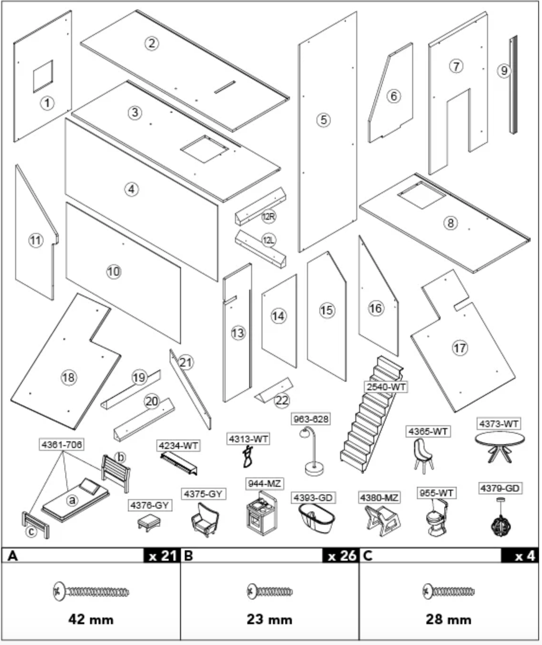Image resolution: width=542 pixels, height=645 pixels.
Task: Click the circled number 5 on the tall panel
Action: pos(324,119)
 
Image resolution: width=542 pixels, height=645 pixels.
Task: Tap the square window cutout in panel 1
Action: pos(43,76)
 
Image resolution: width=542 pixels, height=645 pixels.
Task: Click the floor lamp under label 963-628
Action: pos(313,451)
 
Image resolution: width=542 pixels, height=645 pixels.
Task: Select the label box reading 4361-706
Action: pos(62,445)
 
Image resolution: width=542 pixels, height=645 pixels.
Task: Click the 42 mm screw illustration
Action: pos(91,592)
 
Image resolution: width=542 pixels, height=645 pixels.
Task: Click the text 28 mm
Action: pos(449,619)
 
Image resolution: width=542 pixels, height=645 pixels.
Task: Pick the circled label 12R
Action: pos(269,216)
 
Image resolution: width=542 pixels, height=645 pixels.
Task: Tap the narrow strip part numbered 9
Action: pos(513,84)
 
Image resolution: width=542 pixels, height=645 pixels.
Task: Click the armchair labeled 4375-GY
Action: pos(205,520)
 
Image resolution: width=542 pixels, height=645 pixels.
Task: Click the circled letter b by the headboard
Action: pos(120,457)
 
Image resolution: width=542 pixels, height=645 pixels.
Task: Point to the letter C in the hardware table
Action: pos(368,555)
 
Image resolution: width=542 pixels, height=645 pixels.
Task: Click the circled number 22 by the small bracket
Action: pos(282,400)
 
